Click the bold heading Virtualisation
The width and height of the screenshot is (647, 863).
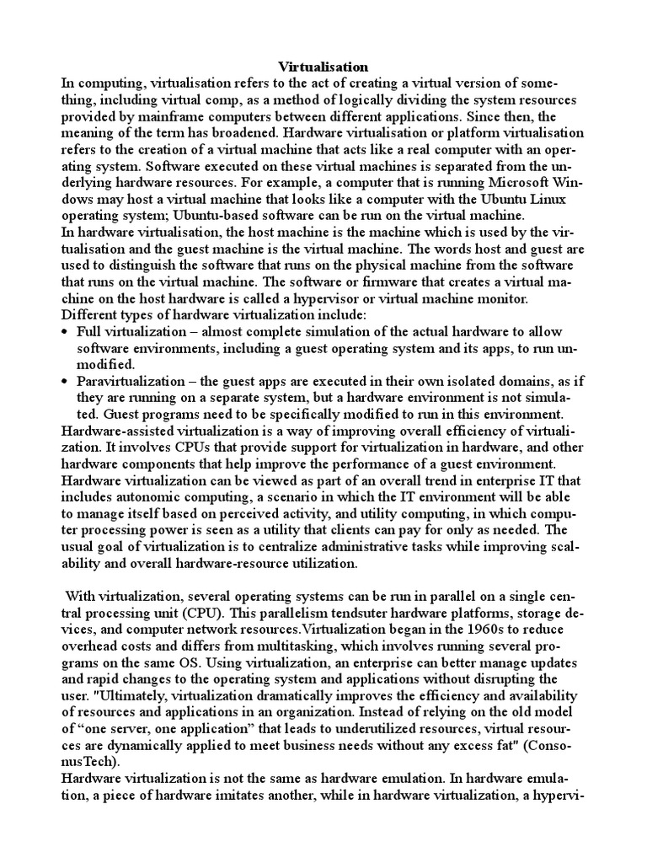323,66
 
